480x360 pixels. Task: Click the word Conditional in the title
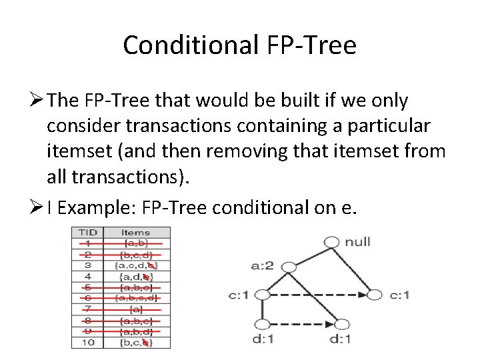click(190, 45)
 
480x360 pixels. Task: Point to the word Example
click(109, 208)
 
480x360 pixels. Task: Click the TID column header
click(87, 233)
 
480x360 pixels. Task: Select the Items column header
click(136, 233)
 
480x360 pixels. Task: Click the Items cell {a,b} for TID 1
click(136, 243)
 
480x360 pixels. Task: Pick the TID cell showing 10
click(87, 343)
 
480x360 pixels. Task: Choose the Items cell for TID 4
click(136, 276)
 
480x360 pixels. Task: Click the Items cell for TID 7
click(136, 309)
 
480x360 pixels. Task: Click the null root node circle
click(331, 241)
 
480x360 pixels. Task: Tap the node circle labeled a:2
click(289, 267)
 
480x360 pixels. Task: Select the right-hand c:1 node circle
click(375, 294)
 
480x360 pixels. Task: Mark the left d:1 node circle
click(262, 325)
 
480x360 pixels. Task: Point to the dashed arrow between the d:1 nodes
click(302, 325)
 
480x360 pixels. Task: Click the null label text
click(358, 241)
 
